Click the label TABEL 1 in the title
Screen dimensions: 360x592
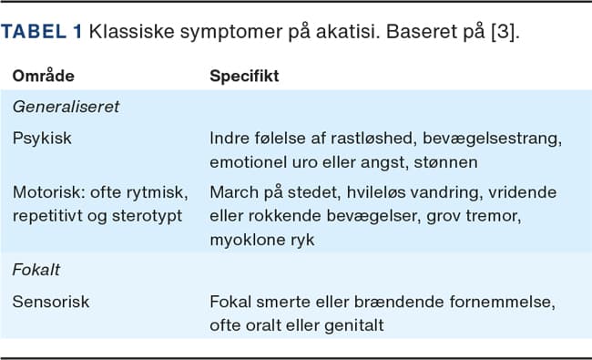[x=42, y=32]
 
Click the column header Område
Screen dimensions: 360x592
[x=44, y=76]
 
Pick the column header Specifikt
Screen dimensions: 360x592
[x=244, y=76]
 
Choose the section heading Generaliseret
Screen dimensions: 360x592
[x=66, y=106]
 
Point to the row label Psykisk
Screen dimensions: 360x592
[x=41, y=138]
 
